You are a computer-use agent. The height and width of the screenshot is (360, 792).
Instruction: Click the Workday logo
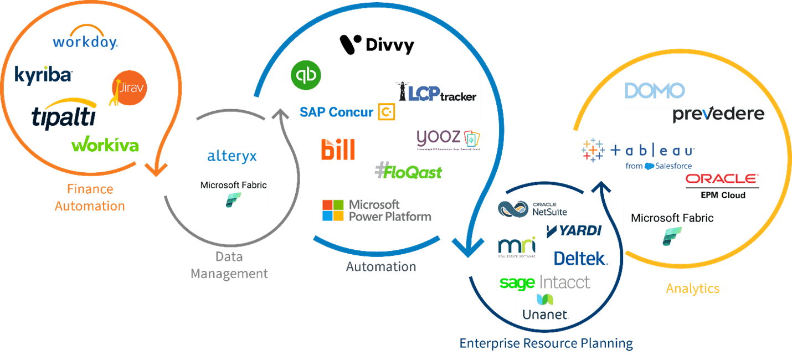point(83,38)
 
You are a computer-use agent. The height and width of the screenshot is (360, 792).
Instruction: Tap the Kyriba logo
point(43,75)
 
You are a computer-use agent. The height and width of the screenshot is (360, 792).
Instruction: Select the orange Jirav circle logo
point(129,89)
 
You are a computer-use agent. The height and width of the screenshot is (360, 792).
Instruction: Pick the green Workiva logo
point(105,145)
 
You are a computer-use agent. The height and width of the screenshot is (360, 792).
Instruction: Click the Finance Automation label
point(90,198)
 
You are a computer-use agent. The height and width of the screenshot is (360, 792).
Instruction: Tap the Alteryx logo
point(232,156)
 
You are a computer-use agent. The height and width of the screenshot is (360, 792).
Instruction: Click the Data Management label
point(229,265)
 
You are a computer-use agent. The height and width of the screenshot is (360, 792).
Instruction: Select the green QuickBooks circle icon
point(306,75)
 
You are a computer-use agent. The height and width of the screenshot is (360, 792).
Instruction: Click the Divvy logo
point(377,44)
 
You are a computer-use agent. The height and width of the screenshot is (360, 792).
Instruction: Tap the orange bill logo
point(338,149)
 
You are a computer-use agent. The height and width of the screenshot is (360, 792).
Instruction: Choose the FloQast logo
point(408,171)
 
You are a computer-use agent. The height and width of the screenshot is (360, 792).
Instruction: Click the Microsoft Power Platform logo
point(377,210)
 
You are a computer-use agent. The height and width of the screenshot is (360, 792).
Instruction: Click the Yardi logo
point(573,231)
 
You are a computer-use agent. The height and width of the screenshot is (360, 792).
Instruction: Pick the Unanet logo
point(546,307)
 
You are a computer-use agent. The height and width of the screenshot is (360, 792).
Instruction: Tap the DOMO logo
point(654,90)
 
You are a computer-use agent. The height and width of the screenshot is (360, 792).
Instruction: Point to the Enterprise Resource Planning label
point(546,343)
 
